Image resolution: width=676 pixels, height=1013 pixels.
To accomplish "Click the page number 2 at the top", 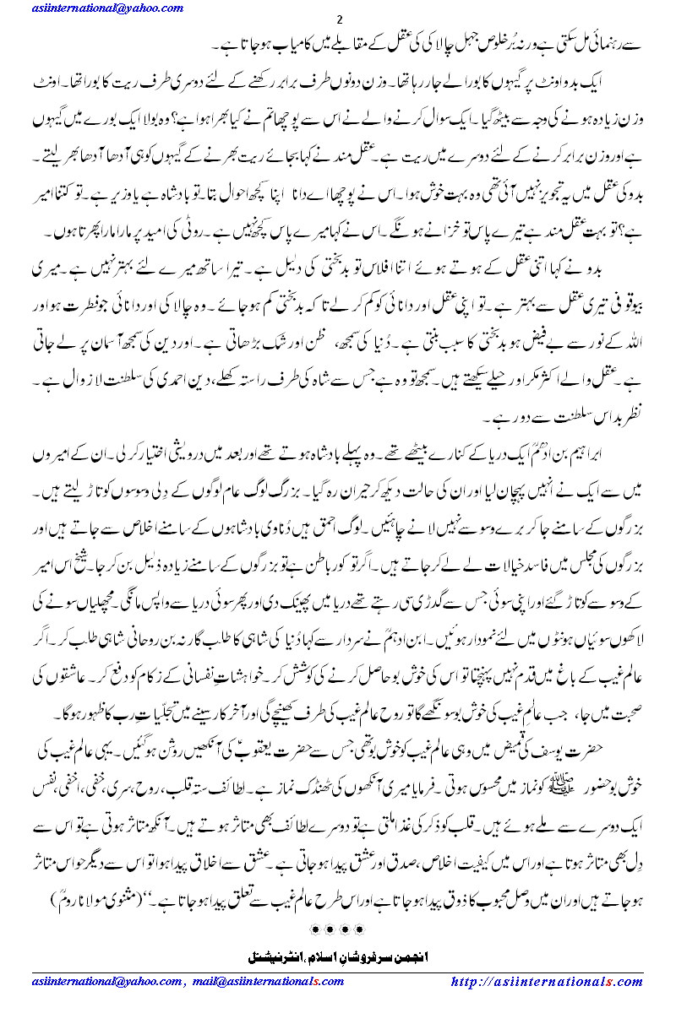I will [339, 19].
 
